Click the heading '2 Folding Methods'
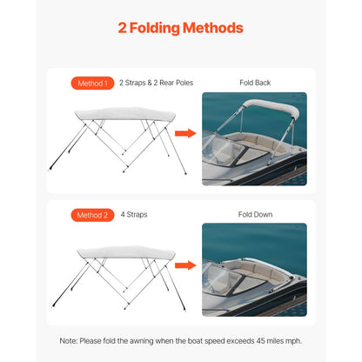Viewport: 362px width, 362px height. [x=180, y=28]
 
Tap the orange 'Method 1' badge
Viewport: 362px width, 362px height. [x=91, y=84]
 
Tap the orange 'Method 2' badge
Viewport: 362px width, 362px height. [x=91, y=214]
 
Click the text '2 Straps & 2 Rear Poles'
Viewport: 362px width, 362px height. [x=156, y=84]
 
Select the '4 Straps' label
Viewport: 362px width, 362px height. [x=134, y=214]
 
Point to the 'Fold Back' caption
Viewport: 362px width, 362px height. [x=255, y=84]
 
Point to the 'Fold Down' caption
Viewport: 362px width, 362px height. [x=255, y=214]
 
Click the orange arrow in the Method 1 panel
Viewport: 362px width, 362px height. [x=184, y=133]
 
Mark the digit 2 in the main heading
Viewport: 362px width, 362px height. [x=124, y=28]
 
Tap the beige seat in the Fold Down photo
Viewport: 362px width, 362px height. [x=261, y=273]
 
